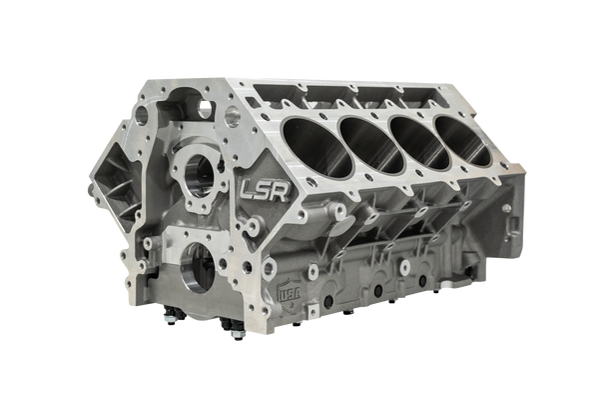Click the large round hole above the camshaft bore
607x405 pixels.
(x=232, y=118)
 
